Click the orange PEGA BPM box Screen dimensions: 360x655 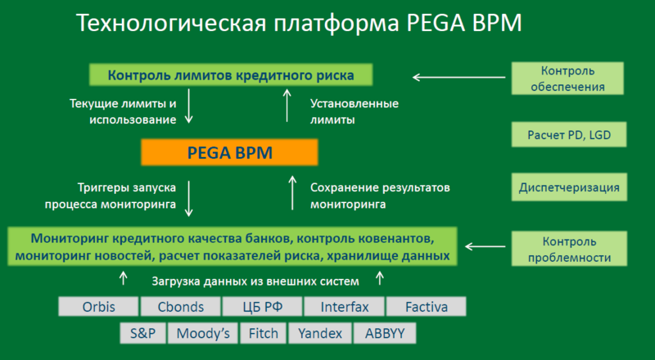[x=228, y=153]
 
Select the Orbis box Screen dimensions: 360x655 [x=98, y=308]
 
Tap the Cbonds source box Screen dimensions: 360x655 [x=180, y=308]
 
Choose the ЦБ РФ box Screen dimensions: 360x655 [x=262, y=308]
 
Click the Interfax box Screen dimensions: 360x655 [x=344, y=308]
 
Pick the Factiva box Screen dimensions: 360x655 [x=425, y=308]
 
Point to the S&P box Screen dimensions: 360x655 [x=142, y=334]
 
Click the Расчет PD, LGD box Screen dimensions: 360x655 [x=567, y=134]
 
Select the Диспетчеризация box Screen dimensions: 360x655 [x=567, y=187]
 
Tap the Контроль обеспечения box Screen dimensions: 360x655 [x=567, y=78]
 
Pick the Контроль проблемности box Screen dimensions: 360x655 [x=567, y=250]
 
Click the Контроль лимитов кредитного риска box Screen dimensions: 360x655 [x=230, y=76]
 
